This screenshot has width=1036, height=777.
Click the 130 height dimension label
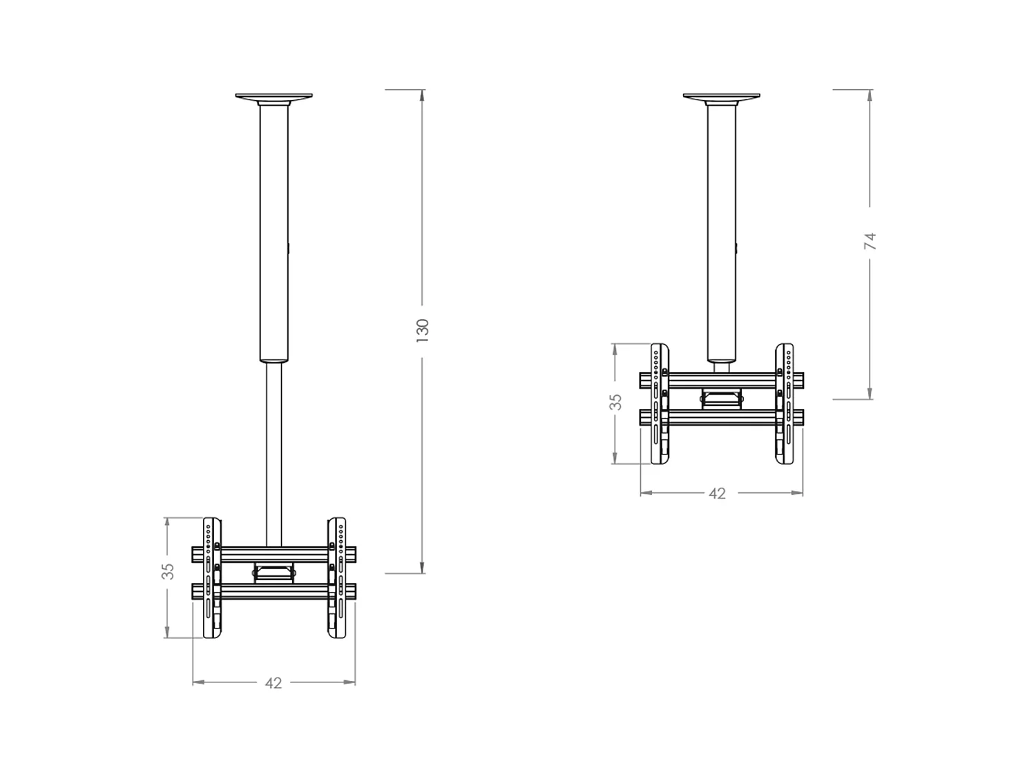(423, 327)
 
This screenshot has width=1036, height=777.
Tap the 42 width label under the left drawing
(274, 682)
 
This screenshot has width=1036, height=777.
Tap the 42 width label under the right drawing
(718, 493)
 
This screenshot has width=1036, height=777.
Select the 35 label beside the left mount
(168, 571)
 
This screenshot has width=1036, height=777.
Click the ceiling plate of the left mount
(274, 96)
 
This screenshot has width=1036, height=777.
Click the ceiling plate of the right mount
(722, 96)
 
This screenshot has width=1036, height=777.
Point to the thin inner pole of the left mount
(274, 449)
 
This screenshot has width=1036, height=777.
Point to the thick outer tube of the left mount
(274, 235)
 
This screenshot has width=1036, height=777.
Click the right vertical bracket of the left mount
(336, 577)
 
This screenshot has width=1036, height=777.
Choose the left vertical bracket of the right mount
(660, 403)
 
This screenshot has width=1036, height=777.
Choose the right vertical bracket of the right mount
(784, 403)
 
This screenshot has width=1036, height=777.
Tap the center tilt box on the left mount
(274, 573)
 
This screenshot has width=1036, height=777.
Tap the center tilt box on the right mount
(722, 398)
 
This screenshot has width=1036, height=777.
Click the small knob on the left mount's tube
(289, 247)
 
